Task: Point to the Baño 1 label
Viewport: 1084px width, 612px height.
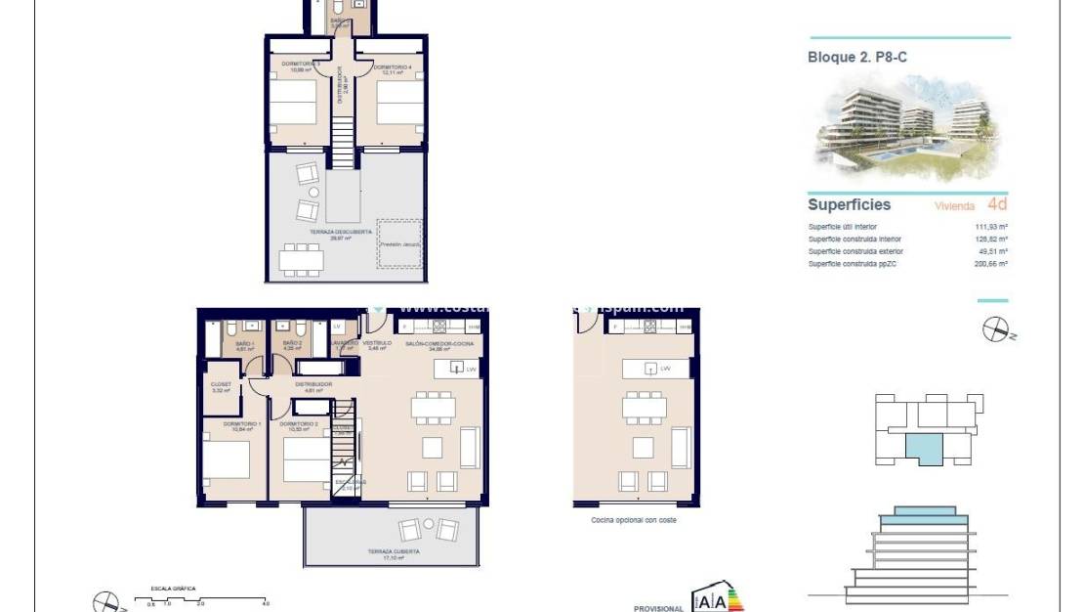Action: [x=244, y=344]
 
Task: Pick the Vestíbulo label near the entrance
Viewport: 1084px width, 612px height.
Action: [x=377, y=344]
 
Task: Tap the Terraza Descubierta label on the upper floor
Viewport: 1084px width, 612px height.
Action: [x=340, y=234]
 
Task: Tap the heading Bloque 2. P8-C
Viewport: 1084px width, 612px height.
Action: [x=857, y=58]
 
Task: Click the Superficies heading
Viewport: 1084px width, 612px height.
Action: [x=849, y=205]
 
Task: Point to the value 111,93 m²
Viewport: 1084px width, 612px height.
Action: [x=989, y=227]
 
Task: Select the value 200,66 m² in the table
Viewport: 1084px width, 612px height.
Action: [x=989, y=264]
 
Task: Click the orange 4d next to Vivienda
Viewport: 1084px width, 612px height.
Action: [x=997, y=204]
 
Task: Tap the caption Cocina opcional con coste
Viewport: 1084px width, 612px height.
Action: [x=634, y=520]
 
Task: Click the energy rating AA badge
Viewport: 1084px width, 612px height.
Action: [x=717, y=600]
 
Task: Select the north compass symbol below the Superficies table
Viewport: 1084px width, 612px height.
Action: [x=997, y=330]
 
